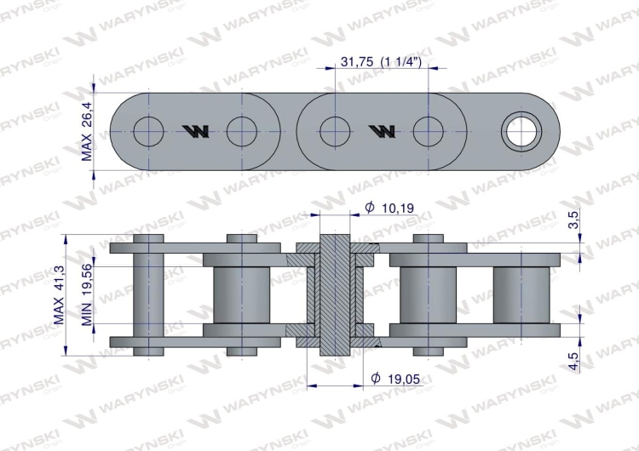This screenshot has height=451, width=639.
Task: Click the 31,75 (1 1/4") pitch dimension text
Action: click(x=381, y=62)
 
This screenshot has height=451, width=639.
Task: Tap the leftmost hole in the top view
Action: click(x=149, y=129)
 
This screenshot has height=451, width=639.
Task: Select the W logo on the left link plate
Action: click(x=195, y=130)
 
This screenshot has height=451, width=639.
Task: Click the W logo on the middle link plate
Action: click(x=381, y=130)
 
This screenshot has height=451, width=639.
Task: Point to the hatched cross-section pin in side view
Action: click(x=335, y=294)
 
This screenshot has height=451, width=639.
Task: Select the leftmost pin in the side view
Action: click(x=149, y=294)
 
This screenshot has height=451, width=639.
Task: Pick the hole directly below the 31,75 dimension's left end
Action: click(x=335, y=129)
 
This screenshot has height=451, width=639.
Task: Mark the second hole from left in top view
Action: click(x=242, y=129)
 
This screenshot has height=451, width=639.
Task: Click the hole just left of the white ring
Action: click(x=428, y=129)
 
